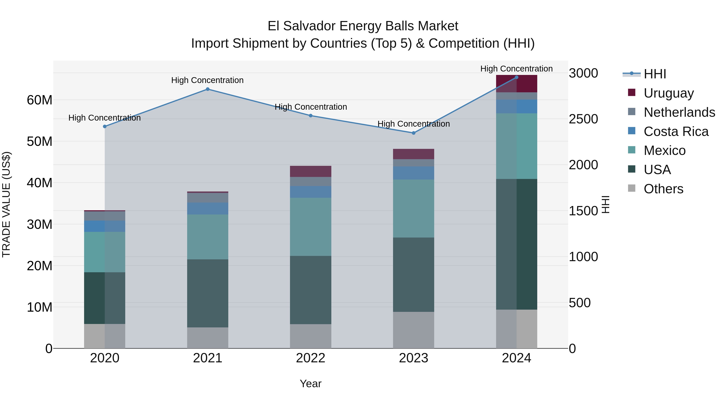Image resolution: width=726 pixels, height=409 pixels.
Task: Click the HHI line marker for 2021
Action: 208,89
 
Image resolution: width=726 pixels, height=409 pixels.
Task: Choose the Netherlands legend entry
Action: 679,112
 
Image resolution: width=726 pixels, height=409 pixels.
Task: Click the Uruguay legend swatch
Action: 632,93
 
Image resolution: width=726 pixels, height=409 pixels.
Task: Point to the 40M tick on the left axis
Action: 40,183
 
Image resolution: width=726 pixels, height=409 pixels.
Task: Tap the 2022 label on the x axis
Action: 311,358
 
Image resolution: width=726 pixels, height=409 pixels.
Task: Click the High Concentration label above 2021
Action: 208,80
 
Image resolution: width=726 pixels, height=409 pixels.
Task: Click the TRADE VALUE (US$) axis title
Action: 6,204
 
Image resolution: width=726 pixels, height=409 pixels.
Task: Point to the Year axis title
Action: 311,384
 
